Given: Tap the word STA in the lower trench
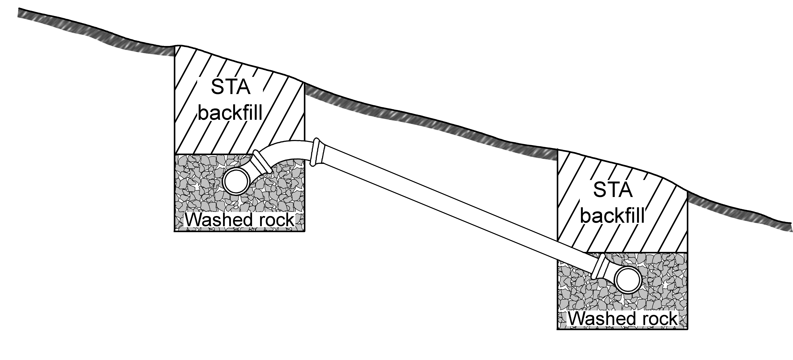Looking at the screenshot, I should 613,190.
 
